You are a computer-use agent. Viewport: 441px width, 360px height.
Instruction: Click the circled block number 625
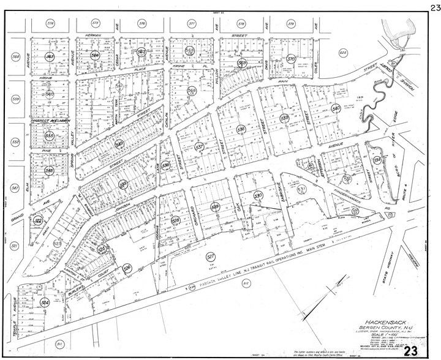coord(344,54)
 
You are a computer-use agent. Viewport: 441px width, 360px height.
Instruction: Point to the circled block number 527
coord(210,257)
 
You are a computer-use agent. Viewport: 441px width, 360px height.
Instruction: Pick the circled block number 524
coord(44,302)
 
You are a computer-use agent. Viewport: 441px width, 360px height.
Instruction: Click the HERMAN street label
coord(93,36)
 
